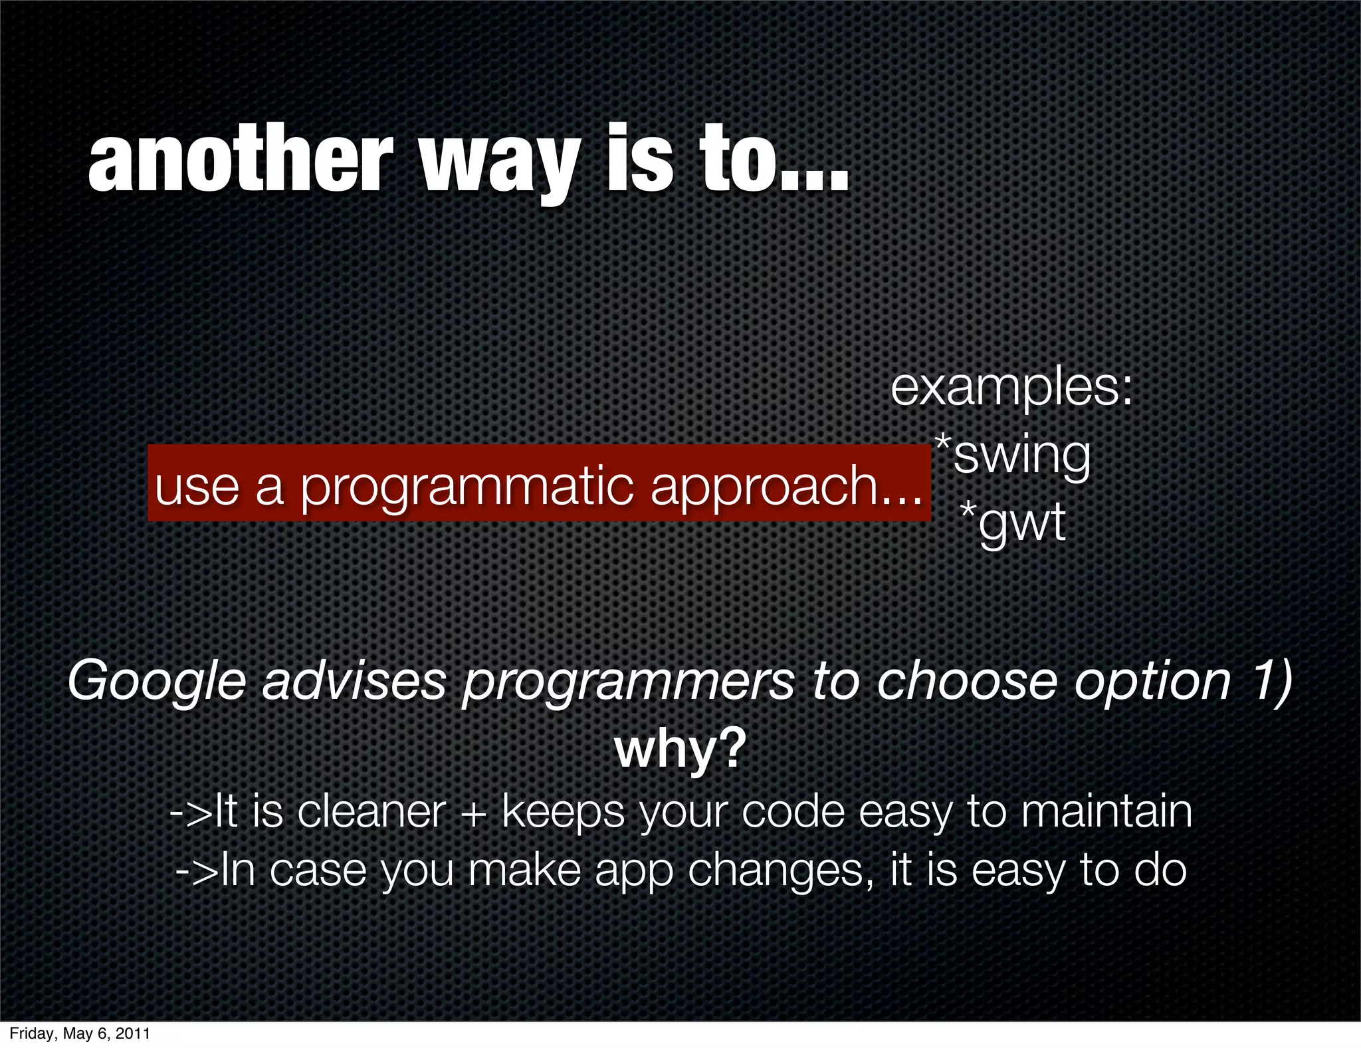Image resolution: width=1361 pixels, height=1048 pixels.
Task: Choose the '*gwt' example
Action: [x=1013, y=522]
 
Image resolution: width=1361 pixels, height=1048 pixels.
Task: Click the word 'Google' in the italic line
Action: [x=157, y=682]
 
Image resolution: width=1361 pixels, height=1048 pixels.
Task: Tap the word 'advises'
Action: [x=354, y=682]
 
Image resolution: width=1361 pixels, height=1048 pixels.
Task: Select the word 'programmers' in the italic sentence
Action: [x=628, y=682]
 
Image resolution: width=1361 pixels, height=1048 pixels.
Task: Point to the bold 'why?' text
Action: [x=680, y=749]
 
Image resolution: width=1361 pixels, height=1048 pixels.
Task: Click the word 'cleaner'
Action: [x=371, y=812]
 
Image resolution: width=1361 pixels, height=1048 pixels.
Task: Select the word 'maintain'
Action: [x=1106, y=812]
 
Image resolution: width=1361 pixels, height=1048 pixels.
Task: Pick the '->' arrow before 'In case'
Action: [x=196, y=871]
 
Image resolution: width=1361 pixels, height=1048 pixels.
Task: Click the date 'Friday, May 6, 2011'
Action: [x=80, y=1033]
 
